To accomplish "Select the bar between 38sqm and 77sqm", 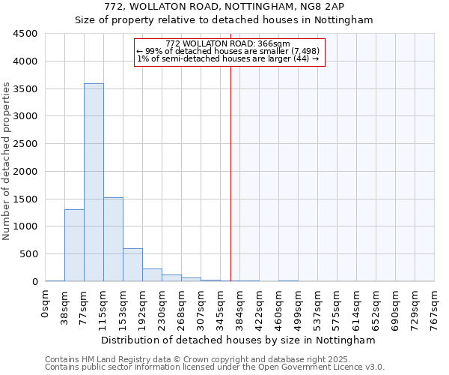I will pos(74,245).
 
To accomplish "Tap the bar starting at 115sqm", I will pos(113,239).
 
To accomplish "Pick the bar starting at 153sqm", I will pos(132,265).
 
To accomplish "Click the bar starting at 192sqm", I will pos(152,274).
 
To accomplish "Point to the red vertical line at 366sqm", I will pos(230,172).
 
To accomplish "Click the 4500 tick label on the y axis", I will pos(25,34).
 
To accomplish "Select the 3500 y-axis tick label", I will pos(25,88).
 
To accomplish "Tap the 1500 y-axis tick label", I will pos(25,199).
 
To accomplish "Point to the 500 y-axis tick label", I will pos(28,254).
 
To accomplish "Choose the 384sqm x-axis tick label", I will pos(240,308).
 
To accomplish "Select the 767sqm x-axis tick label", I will pos(435,308).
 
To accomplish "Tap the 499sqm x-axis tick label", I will pos(299,308).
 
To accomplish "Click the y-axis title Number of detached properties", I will pos(7,161).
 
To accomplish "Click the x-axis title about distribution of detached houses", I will pos(239,340).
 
